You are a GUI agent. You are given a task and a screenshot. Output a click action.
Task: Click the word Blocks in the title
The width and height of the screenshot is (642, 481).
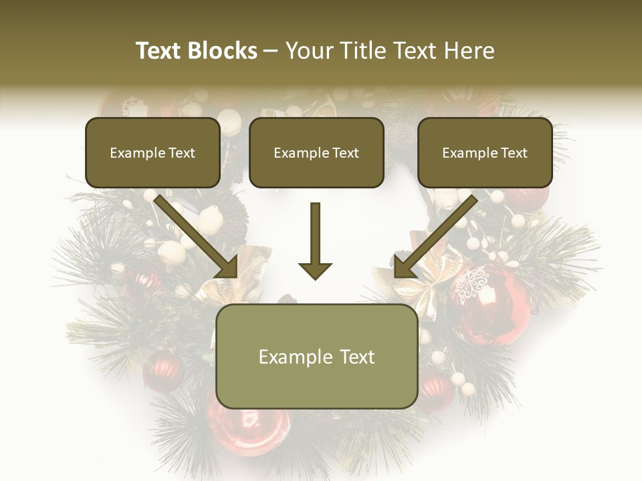[x=223, y=51]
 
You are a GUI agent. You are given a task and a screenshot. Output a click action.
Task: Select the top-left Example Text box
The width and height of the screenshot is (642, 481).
[x=152, y=152]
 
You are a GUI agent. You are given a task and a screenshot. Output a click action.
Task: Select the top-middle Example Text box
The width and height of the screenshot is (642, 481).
[x=316, y=152]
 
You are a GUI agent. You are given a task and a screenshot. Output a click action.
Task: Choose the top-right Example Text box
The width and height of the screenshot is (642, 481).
[x=485, y=152]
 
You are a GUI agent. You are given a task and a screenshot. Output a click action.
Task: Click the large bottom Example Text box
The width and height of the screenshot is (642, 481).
[x=316, y=356]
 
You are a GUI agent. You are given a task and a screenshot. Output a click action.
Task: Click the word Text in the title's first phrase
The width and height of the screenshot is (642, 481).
[x=158, y=51]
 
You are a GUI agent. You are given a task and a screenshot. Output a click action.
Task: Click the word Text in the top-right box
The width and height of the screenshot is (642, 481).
[x=513, y=153]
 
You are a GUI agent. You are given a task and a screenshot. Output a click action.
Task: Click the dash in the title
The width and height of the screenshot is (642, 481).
[x=271, y=51]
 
